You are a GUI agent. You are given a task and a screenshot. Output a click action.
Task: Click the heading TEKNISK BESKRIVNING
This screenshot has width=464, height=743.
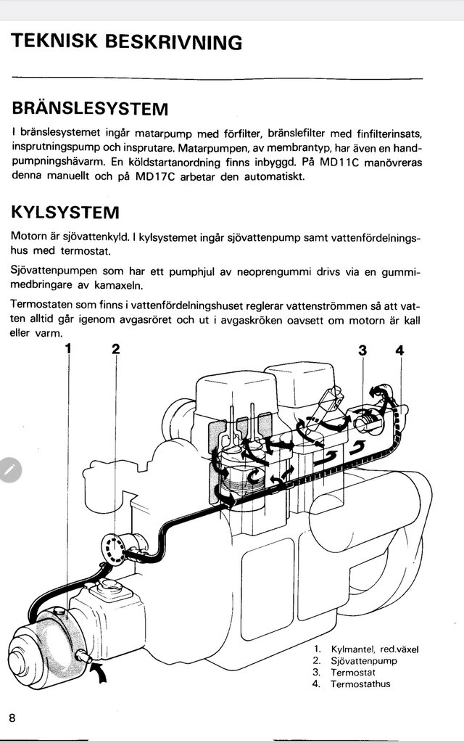click(x=127, y=42)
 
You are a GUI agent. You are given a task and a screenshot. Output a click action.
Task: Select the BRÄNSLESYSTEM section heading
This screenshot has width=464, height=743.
click(x=90, y=109)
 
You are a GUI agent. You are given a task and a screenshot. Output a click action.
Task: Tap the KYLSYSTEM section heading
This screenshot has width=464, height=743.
click(x=65, y=213)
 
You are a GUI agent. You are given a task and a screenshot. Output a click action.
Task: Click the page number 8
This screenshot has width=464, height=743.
click(x=12, y=717)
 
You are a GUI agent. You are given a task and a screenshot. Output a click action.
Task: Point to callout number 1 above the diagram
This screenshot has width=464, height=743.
click(x=70, y=349)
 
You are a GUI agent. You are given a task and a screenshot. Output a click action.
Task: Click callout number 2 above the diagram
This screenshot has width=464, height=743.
click(x=115, y=349)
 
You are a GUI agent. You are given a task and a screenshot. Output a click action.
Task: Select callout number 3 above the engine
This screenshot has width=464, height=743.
click(x=362, y=350)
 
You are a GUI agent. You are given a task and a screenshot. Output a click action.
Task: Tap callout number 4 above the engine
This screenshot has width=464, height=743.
click(x=399, y=350)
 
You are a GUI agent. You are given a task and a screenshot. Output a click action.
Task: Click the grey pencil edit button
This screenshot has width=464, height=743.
click(x=8, y=469)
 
